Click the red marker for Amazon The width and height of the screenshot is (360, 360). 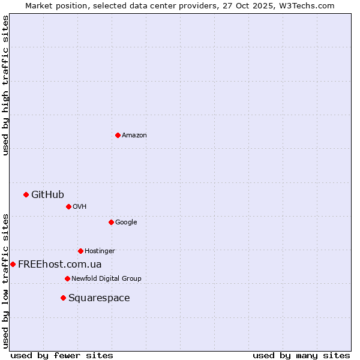(x=118, y=135)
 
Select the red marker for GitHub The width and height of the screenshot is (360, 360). (x=26, y=194)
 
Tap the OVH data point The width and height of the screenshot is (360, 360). (x=68, y=206)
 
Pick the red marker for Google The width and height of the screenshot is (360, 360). (x=111, y=222)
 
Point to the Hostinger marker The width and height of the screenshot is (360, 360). (x=80, y=251)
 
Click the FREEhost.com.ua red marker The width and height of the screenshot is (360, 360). (x=13, y=264)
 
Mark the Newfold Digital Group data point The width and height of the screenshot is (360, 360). (x=67, y=278)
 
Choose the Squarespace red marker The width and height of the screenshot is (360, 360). (x=63, y=298)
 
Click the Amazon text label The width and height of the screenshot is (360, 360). (x=134, y=135)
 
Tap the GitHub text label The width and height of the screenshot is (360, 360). (x=47, y=194)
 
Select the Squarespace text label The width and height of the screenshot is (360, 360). (x=99, y=298)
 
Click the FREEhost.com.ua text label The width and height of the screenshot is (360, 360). (x=60, y=264)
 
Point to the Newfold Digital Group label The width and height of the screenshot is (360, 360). (x=106, y=278)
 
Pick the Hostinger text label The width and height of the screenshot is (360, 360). (x=100, y=251)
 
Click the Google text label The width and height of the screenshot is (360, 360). (x=126, y=222)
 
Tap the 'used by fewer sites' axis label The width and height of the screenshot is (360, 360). (x=62, y=355)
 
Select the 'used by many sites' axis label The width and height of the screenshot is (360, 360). (x=301, y=355)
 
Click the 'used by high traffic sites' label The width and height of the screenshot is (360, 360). (x=5, y=85)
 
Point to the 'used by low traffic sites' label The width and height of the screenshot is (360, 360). (x=5, y=281)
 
